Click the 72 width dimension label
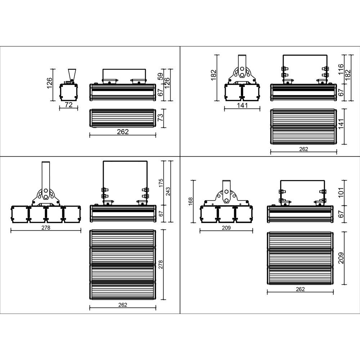[x=69, y=105]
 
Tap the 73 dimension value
[x=161, y=117]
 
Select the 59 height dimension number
[x=161, y=76]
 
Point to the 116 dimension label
[x=341, y=69]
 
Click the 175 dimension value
[x=161, y=183]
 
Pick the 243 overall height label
[x=168, y=192]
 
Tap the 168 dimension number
[x=190, y=202]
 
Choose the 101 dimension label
[x=341, y=192]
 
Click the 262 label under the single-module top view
[x=123, y=132]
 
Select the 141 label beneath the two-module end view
[x=242, y=105]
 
